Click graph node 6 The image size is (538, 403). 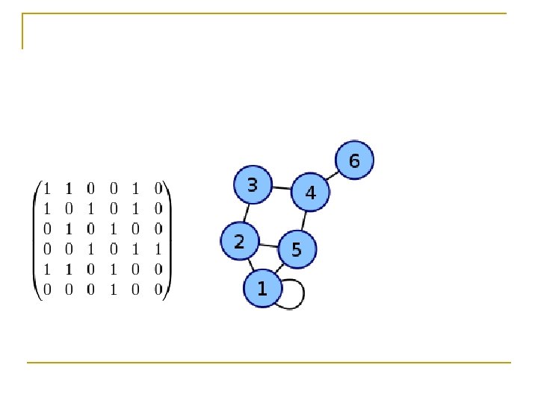354,160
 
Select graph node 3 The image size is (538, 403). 253,184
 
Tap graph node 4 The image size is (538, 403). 310,193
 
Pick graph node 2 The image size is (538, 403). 239,241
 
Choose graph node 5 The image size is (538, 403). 297,249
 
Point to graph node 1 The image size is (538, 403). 262,288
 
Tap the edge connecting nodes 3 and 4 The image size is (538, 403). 281,188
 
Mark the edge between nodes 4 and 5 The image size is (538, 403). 304,220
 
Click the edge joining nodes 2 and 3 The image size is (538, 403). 246,213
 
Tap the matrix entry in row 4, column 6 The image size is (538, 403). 158,249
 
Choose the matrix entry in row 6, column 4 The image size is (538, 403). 114,290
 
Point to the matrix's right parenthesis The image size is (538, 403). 169,239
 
